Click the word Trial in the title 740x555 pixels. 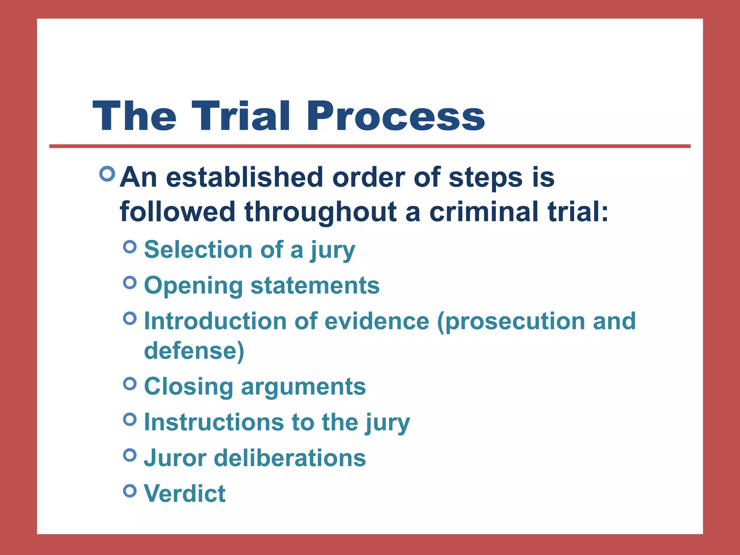[241, 116]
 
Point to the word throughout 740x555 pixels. [321, 212]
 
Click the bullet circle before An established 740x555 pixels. [107, 174]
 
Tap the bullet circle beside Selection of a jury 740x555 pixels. [130, 247]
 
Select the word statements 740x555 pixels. [315, 285]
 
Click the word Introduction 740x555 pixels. [216, 321]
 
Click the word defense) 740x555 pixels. [194, 350]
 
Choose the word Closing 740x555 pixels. [188, 387]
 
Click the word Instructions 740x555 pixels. [214, 422]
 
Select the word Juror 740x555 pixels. [175, 458]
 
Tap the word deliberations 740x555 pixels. [290, 458]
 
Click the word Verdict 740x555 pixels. [185, 494]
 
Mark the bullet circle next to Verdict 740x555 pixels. [130, 491]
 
